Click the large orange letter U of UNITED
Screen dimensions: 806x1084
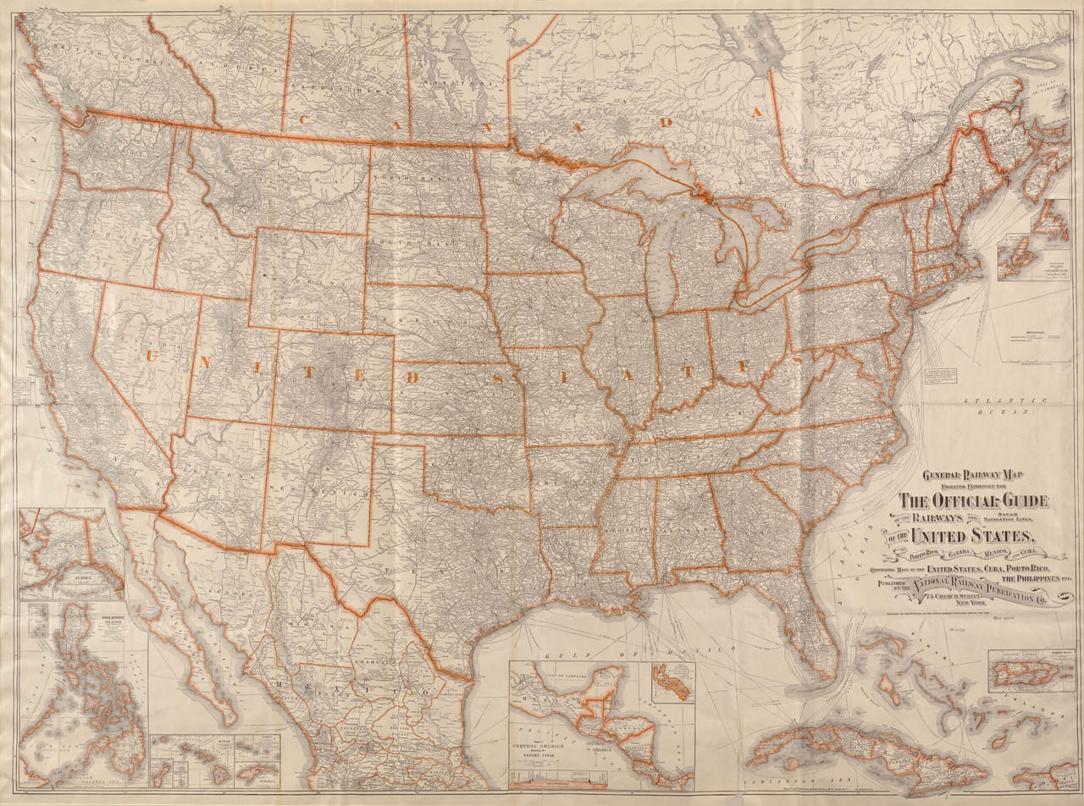click(153, 356)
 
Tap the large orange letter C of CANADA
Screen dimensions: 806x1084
click(302, 119)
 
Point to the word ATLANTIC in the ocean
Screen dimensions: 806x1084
click(999, 399)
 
